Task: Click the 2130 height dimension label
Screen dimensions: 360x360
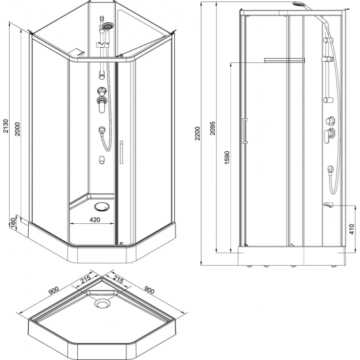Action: [x=7, y=127]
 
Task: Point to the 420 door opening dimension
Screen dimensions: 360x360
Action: [x=95, y=221]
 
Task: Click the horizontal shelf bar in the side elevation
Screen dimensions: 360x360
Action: [x=284, y=60]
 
